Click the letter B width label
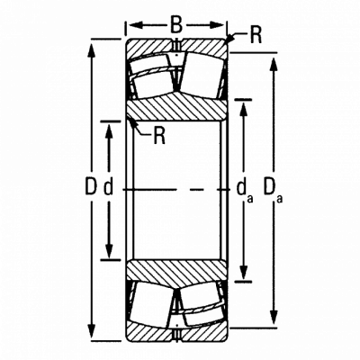(176, 25)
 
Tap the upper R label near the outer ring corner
(256, 36)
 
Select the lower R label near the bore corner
(159, 136)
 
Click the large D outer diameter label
(91, 186)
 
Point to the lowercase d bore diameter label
(109, 188)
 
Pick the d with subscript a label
(245, 191)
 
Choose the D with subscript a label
(273, 190)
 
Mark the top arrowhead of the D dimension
(92, 49)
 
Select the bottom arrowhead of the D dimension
(92, 330)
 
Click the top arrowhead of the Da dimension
(274, 63)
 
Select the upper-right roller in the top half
(201, 75)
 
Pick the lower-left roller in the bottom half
(151, 305)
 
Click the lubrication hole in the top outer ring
(176, 44)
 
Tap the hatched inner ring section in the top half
(176, 107)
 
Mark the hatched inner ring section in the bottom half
(176, 273)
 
